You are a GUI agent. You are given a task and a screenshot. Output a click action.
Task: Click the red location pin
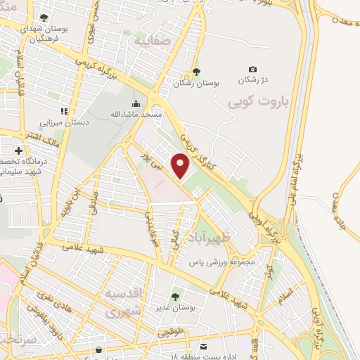click(181, 165)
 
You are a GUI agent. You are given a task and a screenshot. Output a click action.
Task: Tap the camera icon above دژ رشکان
click(253, 70)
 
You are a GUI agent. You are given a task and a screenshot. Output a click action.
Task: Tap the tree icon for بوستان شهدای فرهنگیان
click(44, 18)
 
